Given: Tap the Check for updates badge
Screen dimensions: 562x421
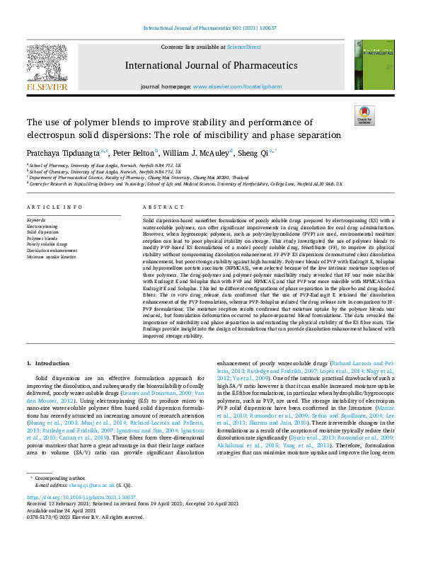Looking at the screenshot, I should (364, 116).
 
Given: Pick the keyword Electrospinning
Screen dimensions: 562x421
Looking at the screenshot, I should (43, 225).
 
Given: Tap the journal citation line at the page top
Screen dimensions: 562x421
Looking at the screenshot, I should (210, 29).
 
